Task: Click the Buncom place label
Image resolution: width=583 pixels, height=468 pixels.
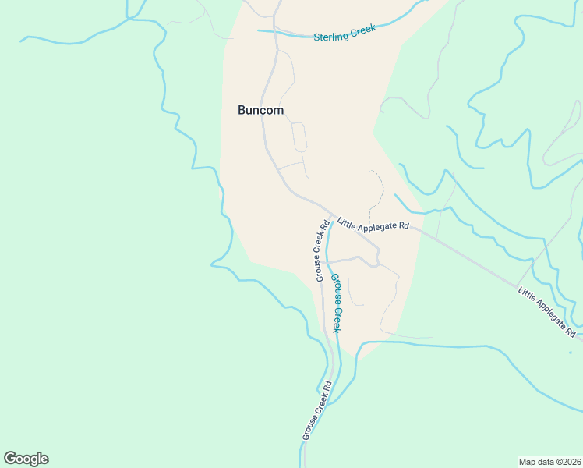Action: (x=260, y=111)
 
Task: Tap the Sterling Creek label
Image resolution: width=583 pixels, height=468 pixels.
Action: (x=344, y=33)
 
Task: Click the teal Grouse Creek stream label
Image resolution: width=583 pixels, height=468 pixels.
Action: (x=336, y=303)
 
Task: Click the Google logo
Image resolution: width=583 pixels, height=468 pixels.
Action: (x=26, y=459)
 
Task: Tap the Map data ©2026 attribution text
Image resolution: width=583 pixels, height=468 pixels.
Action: (x=549, y=461)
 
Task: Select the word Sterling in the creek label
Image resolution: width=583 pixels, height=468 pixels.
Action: (x=330, y=36)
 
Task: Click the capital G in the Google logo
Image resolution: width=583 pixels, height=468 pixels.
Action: (x=10, y=459)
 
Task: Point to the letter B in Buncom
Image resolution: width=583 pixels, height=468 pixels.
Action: (x=242, y=111)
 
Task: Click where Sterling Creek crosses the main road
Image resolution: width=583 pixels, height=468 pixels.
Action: (x=274, y=32)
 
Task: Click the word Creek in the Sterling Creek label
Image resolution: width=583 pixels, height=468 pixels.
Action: (x=362, y=30)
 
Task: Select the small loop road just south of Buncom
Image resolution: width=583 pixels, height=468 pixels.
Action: (x=299, y=137)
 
